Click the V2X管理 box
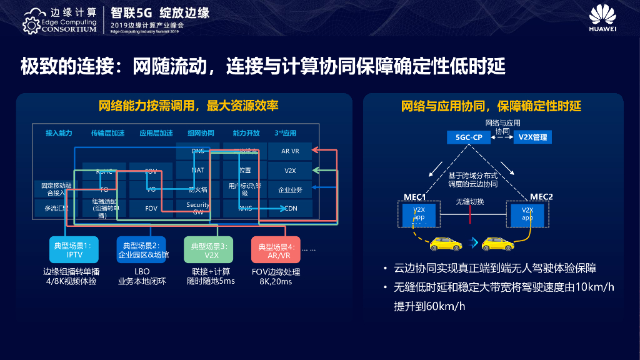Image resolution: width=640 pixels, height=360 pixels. pyautogui.click(x=532, y=137)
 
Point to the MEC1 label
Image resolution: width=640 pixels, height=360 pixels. pyautogui.click(x=414, y=197)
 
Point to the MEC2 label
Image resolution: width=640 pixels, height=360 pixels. pyautogui.click(x=541, y=197)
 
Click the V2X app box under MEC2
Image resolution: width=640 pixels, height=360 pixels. pyautogui.click(x=527, y=214)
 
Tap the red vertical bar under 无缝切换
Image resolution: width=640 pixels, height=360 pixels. pyautogui.click(x=470, y=214)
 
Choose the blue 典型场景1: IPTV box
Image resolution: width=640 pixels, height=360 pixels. pyautogui.click(x=74, y=250)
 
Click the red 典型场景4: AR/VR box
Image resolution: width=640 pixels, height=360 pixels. pyautogui.click(x=275, y=250)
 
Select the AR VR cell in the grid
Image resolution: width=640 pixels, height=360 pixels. pyautogui.click(x=290, y=151)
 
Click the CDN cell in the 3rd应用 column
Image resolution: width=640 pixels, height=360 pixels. pyautogui.click(x=290, y=208)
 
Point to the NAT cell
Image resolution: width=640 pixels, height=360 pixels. pyautogui.click(x=198, y=170)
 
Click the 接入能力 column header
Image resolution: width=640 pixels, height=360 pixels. pyautogui.click(x=59, y=133)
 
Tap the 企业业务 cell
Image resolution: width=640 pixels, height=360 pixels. pyautogui.click(x=290, y=189)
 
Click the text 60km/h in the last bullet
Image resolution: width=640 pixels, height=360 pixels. pyautogui.click(x=444, y=306)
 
